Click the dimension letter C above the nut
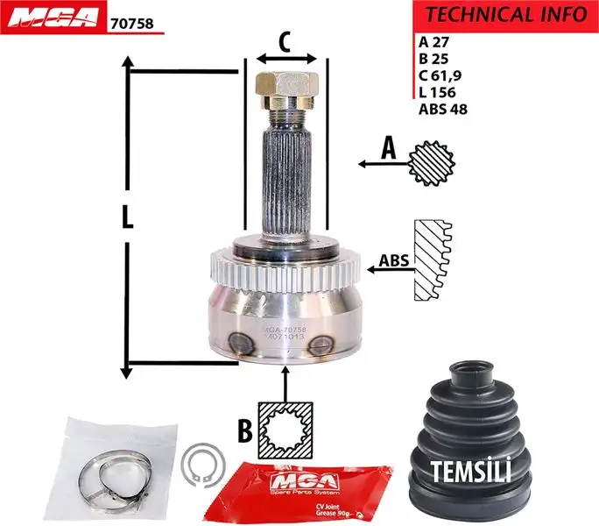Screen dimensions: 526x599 click(285, 41)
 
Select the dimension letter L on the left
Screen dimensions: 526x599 click(128, 217)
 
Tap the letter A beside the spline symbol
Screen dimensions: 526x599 click(387, 150)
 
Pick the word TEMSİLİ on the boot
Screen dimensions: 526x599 click(471, 472)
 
